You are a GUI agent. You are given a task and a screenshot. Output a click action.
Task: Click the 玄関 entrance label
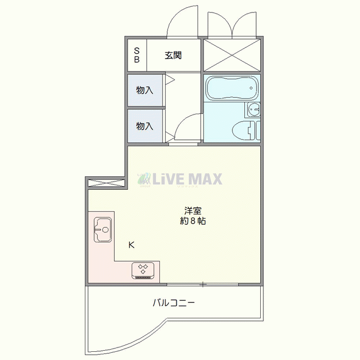point(173,56)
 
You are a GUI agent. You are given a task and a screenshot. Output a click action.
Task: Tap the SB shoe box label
point(137,55)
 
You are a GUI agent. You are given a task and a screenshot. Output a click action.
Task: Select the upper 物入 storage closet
point(145,91)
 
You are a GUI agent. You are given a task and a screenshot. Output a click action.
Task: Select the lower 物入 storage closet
point(145,126)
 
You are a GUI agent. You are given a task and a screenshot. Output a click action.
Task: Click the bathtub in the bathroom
point(231,88)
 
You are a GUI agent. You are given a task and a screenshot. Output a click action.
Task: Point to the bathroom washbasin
point(253,110)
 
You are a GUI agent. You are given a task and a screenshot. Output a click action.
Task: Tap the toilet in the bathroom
point(246,130)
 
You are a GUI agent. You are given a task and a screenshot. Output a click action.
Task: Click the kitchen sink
point(102,229)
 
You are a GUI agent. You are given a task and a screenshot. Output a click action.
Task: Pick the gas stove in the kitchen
point(145,270)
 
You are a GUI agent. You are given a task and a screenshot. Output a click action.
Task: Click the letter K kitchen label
point(131,245)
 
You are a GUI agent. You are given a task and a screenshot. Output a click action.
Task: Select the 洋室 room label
point(193,211)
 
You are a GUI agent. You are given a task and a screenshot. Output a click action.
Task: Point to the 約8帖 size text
point(193,222)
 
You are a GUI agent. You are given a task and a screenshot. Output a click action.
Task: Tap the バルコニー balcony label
point(173,303)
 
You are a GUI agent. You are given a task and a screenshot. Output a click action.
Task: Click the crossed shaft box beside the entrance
point(232,55)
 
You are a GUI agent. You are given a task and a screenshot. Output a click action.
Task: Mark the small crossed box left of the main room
point(105,183)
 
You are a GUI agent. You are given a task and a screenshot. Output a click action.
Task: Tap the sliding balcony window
point(203,284)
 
